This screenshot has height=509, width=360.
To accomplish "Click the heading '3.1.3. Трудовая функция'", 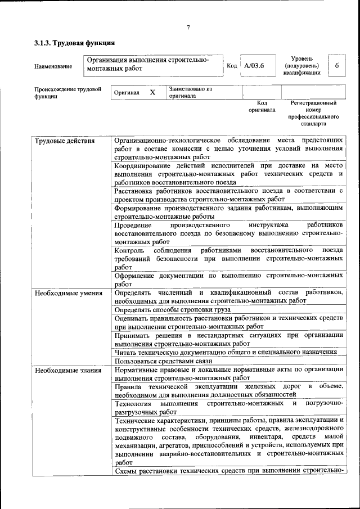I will (x=74, y=43).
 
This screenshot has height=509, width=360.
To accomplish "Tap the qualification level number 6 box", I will (x=337, y=66).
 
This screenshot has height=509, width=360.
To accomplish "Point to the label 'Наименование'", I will (x=53, y=67).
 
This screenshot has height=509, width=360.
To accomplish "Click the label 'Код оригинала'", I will (x=262, y=107).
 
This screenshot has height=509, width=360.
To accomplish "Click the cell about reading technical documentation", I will (x=225, y=352).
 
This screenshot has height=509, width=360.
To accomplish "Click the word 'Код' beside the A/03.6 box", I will (x=231, y=66).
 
